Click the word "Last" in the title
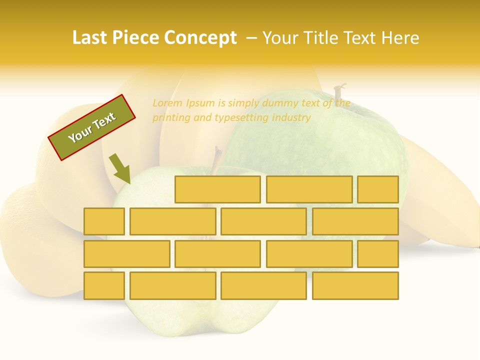tap(89, 38)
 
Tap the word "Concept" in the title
tap(200, 38)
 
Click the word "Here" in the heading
tap(400, 38)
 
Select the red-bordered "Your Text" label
tap(91, 127)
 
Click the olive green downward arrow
tap(120, 168)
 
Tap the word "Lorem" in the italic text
tap(167, 103)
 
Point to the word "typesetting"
tap(241, 118)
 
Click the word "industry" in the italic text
tap(291, 118)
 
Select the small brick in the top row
tap(377, 189)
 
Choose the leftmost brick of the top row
tap(217, 189)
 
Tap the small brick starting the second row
tap(104, 221)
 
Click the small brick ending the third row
tap(377, 254)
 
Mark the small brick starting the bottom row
tap(104, 285)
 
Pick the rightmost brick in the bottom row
tap(355, 285)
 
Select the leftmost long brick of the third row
tap(126, 254)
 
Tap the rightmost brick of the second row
tap(355, 221)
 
